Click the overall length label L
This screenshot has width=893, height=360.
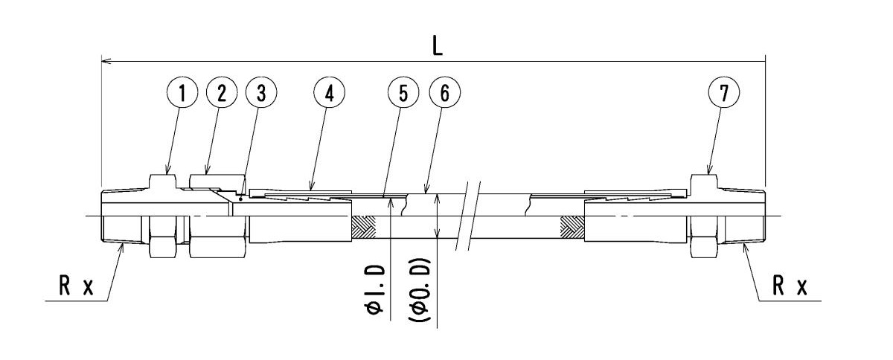(438, 47)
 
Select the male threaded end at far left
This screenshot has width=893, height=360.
(119, 217)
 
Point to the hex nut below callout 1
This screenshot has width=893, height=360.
(163, 216)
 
